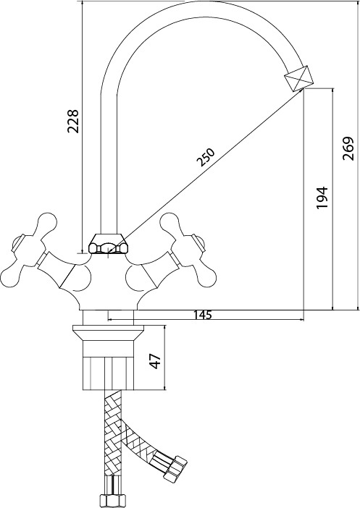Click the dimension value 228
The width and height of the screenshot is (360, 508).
73,121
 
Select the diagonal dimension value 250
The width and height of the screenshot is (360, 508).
206,157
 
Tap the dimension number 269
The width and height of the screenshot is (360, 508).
348,148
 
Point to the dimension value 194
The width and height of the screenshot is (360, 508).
323,198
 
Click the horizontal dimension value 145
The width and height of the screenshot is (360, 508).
202,315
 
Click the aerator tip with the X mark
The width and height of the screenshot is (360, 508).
299,78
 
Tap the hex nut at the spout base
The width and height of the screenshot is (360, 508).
108,244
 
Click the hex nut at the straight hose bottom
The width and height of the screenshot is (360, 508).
111,499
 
